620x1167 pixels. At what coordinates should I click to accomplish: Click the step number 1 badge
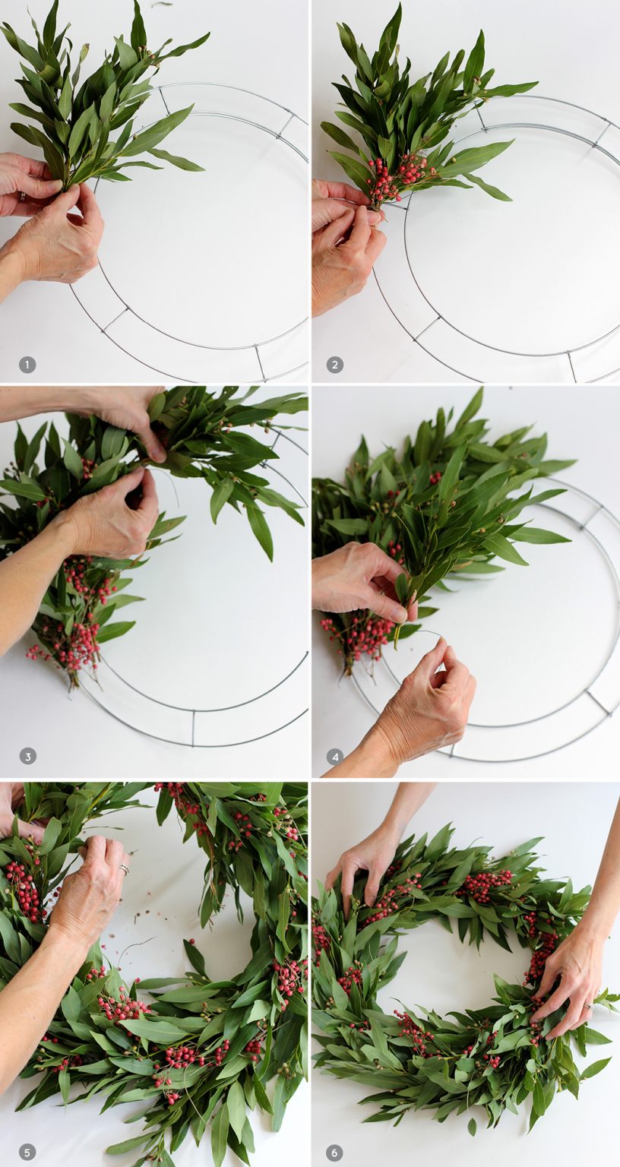(27, 365)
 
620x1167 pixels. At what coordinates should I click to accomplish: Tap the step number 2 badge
(335, 365)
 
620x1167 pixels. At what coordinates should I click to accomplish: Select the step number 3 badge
(27, 756)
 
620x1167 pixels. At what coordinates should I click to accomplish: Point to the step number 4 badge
(335, 756)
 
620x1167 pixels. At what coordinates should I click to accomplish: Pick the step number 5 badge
(27, 1152)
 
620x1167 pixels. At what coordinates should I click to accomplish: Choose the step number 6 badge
(335, 1152)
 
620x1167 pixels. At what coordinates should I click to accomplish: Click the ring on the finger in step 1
(21, 198)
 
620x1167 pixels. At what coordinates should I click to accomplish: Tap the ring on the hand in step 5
(123, 868)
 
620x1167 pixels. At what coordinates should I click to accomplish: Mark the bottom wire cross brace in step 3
(193, 727)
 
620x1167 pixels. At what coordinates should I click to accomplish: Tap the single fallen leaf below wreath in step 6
(471, 1127)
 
